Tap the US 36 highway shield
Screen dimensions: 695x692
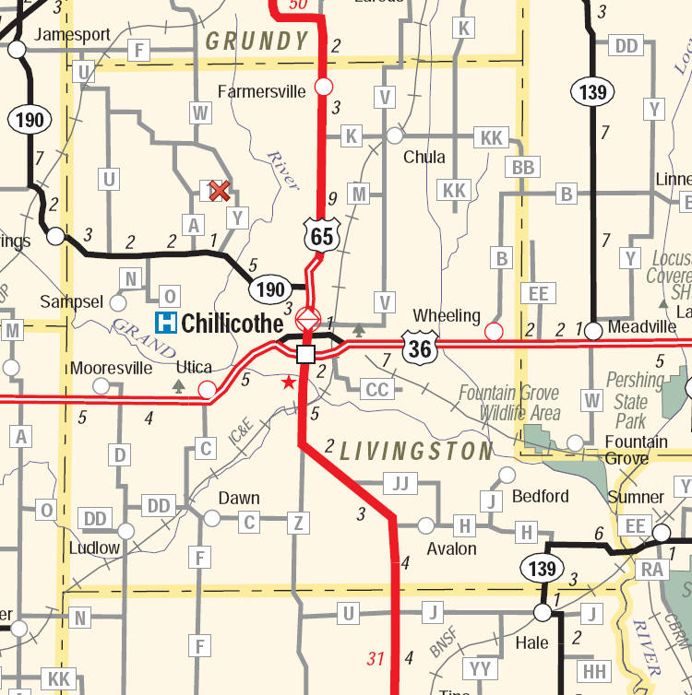click(x=419, y=347)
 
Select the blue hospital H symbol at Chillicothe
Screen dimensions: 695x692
click(x=166, y=324)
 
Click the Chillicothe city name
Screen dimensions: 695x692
click(x=232, y=324)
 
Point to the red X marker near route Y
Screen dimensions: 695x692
click(x=219, y=191)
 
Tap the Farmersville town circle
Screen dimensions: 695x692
click(x=323, y=87)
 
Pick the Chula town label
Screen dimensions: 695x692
click(x=424, y=157)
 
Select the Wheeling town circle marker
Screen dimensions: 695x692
click(x=494, y=332)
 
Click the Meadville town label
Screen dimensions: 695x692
click(x=642, y=328)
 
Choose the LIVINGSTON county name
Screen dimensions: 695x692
click(x=416, y=451)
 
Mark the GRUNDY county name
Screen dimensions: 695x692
click(x=257, y=41)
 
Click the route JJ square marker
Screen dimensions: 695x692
click(x=400, y=483)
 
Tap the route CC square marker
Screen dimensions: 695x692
click(x=377, y=389)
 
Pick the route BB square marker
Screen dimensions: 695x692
click(x=522, y=167)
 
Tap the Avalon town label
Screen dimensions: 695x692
click(x=451, y=548)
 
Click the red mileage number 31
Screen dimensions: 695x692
click(x=375, y=658)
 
